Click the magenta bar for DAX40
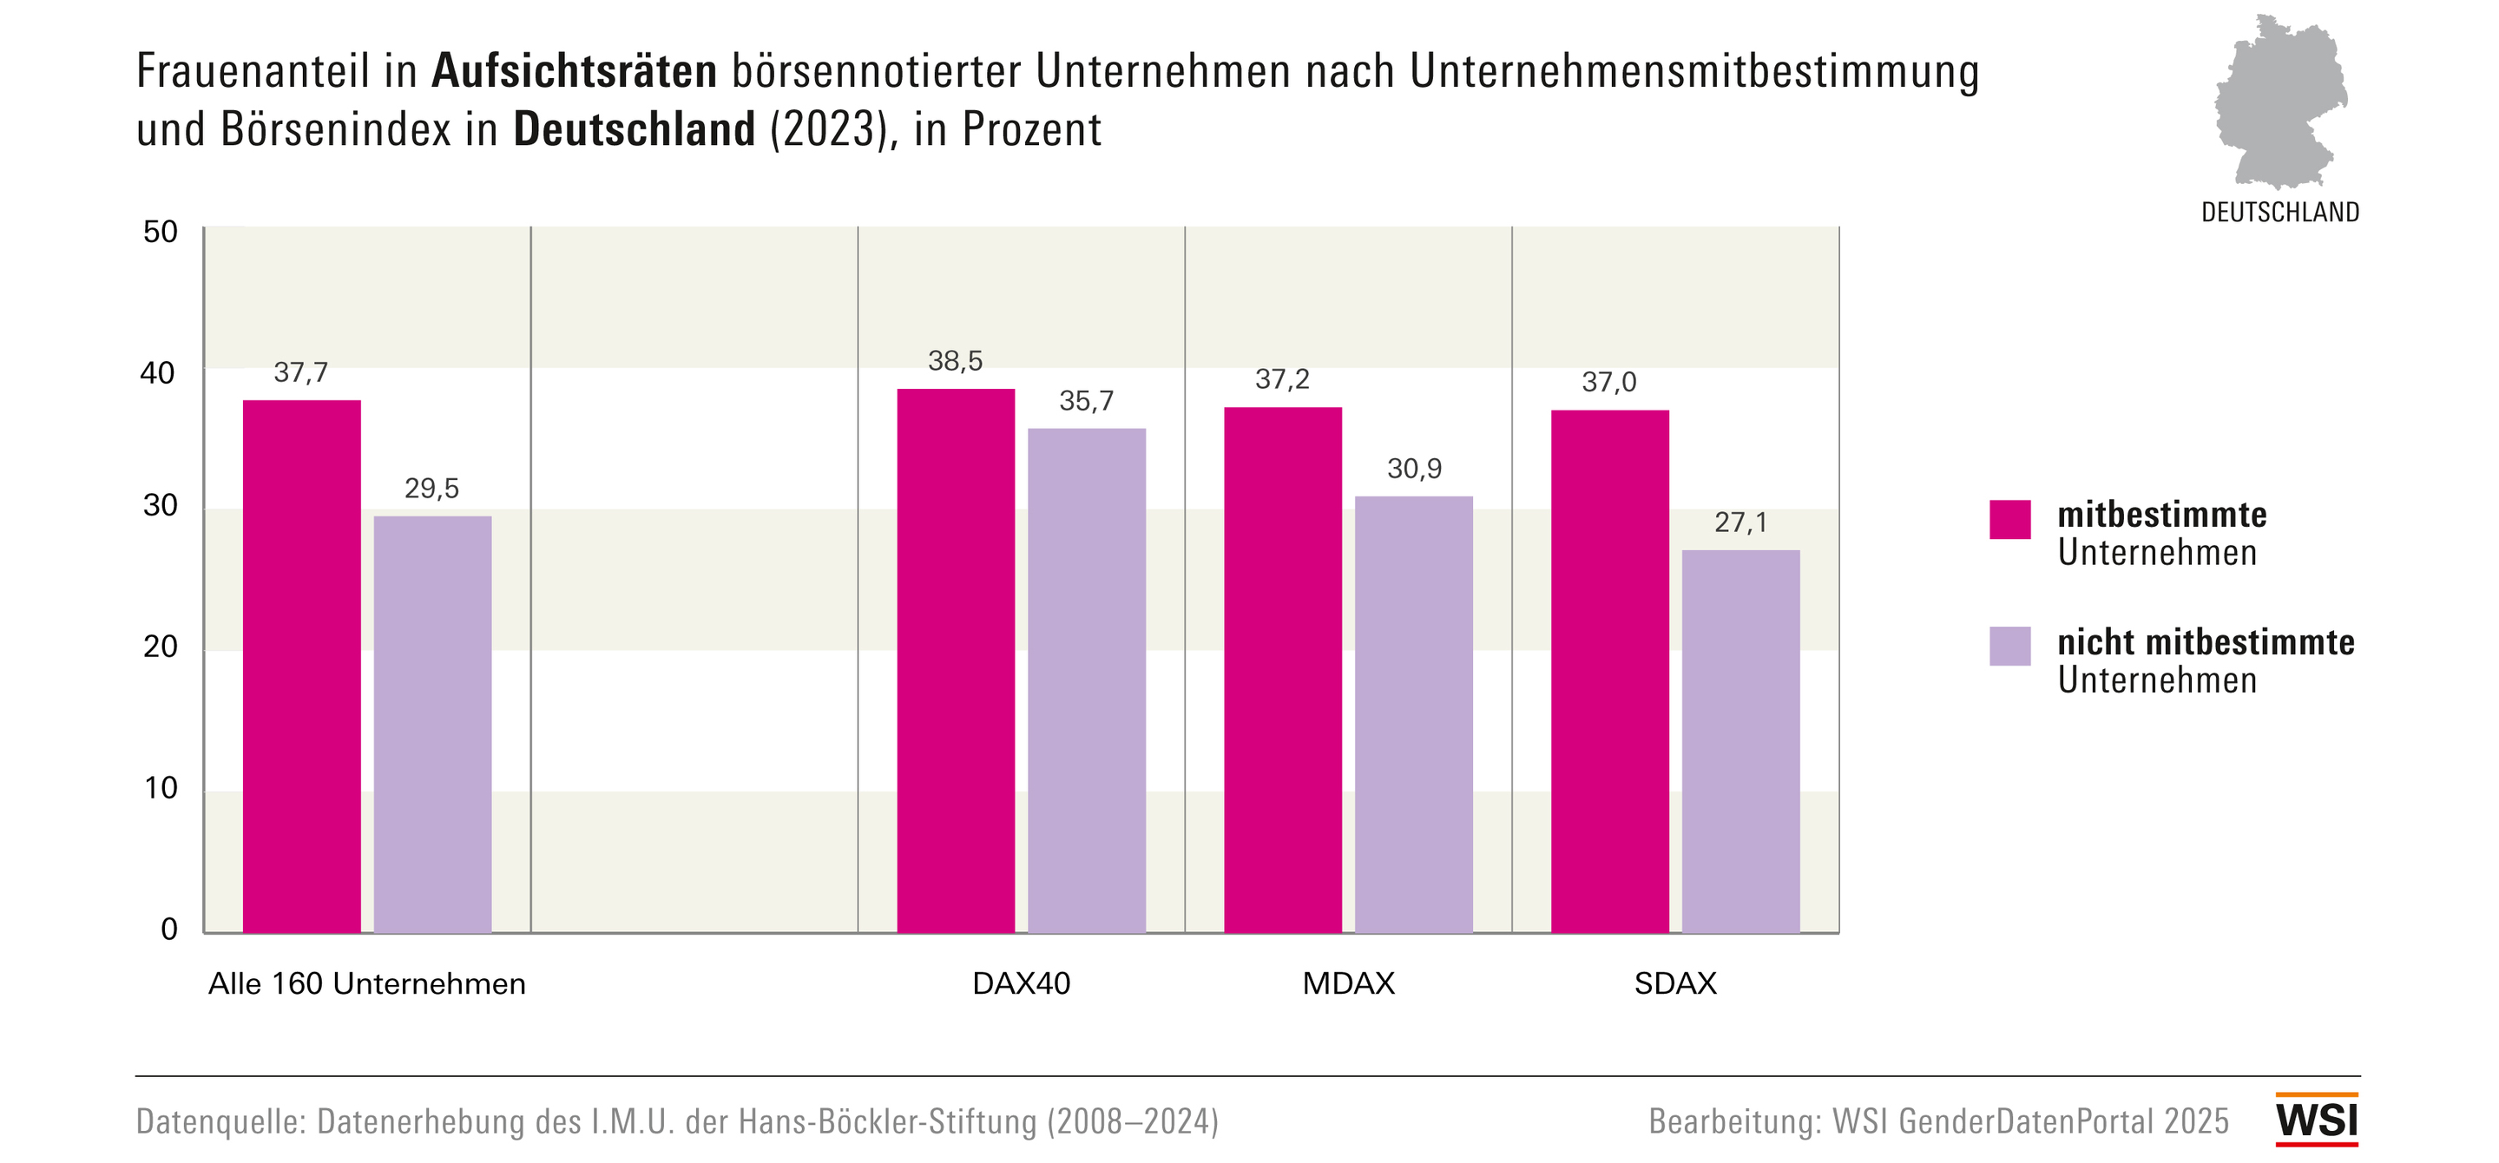(956, 660)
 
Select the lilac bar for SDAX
(1740, 741)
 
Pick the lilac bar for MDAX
(1413, 715)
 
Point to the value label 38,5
(956, 361)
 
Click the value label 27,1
(1740, 522)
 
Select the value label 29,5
(431, 488)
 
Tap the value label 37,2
(1281, 379)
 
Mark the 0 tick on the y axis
(168, 930)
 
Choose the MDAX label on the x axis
(1347, 983)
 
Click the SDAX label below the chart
(1675, 983)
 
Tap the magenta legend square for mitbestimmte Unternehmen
(2009, 519)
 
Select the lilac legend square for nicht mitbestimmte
(2009, 646)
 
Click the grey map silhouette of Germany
(2279, 102)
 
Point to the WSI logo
(2317, 1120)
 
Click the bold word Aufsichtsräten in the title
(575, 72)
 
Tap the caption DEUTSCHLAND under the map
(2279, 213)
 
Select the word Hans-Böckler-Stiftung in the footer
(888, 1121)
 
